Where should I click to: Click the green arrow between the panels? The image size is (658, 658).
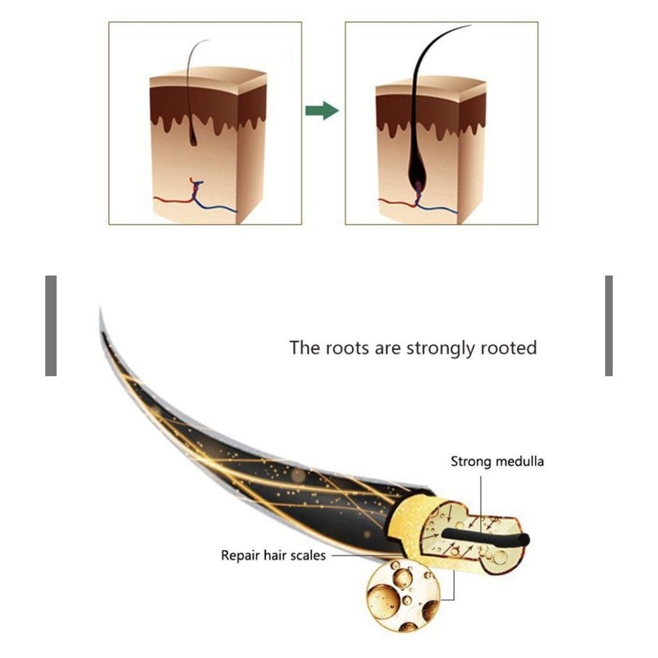[x=322, y=111]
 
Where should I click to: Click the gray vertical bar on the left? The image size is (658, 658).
[x=51, y=326]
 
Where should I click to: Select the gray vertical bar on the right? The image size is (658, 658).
[x=609, y=326]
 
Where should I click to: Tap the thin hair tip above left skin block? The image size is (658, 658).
[x=208, y=40]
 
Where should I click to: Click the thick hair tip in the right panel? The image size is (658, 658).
[x=470, y=25]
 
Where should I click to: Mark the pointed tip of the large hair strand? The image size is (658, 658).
[x=100, y=310]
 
